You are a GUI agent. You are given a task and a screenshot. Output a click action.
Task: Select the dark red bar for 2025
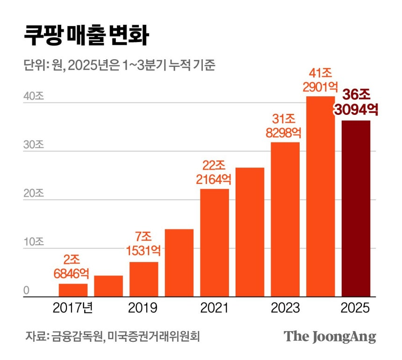(x=356, y=208)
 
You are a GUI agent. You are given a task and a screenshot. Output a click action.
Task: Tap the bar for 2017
(x=73, y=290)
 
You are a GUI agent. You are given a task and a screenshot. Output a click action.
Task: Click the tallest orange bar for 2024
(x=321, y=196)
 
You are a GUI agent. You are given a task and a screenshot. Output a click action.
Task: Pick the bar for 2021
(x=215, y=242)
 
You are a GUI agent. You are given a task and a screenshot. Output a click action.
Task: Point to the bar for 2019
(x=144, y=279)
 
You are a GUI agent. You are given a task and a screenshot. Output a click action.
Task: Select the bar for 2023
(x=285, y=219)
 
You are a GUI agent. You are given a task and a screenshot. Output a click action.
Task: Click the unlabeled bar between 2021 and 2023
(x=250, y=232)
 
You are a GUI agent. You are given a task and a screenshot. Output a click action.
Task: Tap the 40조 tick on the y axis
(x=33, y=97)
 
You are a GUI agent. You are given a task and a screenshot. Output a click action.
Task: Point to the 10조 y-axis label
(x=33, y=242)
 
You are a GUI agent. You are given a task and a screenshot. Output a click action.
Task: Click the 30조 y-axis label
(x=33, y=145)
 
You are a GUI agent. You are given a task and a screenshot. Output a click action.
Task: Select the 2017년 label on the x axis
(x=73, y=308)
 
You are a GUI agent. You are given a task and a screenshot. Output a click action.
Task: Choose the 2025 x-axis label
(x=356, y=308)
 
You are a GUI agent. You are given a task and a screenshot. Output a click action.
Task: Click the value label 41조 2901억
(x=321, y=80)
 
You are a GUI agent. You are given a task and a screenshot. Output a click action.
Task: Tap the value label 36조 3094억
(x=356, y=102)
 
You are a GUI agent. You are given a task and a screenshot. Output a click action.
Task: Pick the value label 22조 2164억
(x=215, y=172)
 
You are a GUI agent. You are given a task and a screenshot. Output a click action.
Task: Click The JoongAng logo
(x=330, y=336)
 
